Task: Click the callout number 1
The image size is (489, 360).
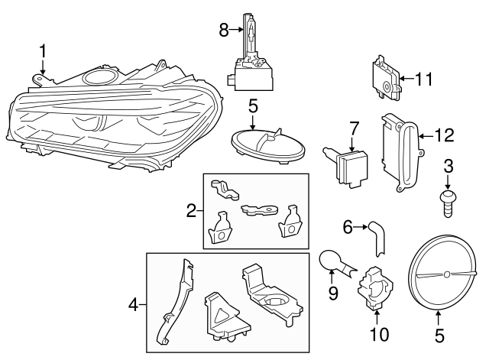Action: [43, 52]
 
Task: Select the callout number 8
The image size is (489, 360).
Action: [224, 30]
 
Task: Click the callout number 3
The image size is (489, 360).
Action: [449, 165]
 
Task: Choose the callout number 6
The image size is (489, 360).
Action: [347, 226]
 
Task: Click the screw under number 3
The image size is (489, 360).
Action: [449, 201]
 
